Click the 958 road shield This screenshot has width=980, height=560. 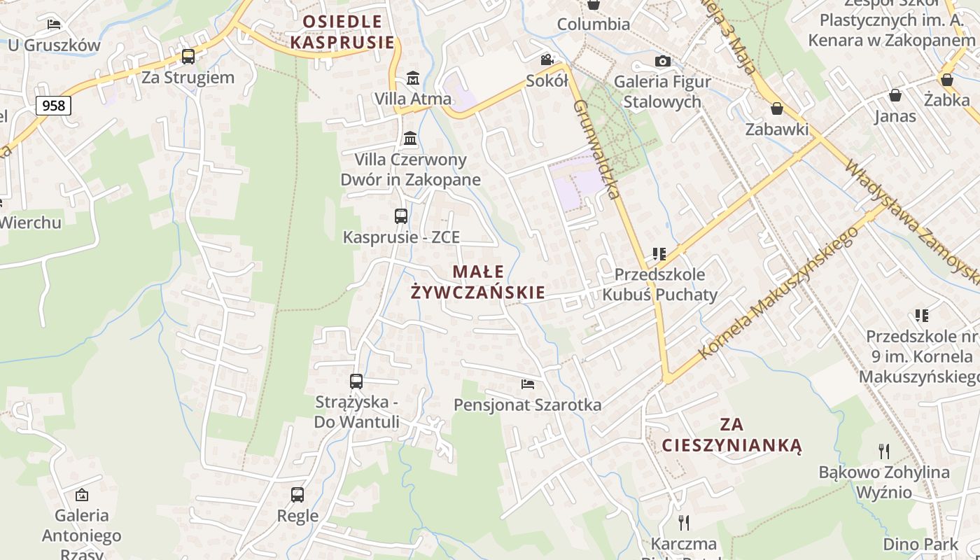point(52,106)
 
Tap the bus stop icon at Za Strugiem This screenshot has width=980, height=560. point(188,57)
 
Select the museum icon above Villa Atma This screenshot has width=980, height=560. point(413,78)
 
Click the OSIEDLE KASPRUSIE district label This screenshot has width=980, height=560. point(342,32)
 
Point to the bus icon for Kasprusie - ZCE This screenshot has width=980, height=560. point(400,216)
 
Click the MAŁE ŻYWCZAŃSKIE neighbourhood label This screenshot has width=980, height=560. point(478,282)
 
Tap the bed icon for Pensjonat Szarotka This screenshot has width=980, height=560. point(528,384)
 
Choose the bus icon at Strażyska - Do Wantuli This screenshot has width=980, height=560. point(356,381)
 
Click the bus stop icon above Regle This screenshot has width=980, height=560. point(297,495)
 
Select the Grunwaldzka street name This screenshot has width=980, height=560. point(597,149)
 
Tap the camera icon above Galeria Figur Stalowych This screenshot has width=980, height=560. point(662,62)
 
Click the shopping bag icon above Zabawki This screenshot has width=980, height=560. point(776,108)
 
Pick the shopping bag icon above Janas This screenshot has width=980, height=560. point(895,95)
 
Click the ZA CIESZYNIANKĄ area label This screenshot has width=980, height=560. point(731,435)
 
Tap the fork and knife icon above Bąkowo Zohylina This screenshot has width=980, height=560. point(884,451)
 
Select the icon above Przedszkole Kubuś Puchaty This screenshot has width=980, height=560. point(659,253)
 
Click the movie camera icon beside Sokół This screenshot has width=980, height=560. point(547,60)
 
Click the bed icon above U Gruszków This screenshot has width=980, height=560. point(54,24)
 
